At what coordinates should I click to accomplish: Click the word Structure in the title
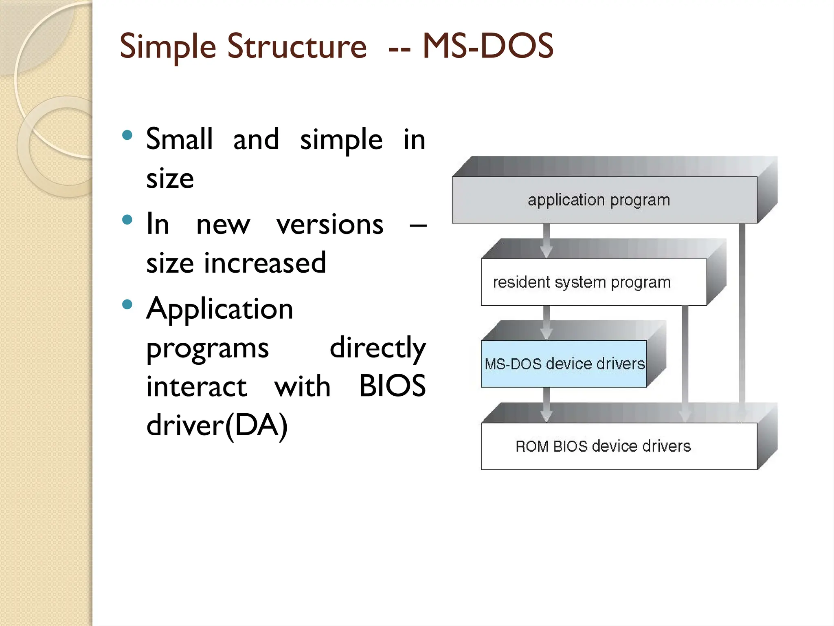[296, 46]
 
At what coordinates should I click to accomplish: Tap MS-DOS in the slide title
[488, 46]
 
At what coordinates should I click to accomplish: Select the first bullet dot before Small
[127, 135]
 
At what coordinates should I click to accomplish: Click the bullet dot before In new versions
[127, 220]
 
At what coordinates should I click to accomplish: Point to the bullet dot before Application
[127, 304]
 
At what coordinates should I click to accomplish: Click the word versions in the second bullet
[330, 224]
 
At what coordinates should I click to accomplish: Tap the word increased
[265, 263]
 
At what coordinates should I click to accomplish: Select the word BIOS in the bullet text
[392, 386]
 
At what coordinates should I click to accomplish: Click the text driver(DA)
[217, 425]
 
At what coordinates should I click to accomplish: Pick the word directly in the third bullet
[377, 348]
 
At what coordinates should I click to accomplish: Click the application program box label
[599, 200]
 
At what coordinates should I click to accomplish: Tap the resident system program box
[582, 282]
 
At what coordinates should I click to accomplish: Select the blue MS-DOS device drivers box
[564, 364]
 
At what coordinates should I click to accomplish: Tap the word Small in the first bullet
[179, 139]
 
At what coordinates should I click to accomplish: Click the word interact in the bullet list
[196, 386]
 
